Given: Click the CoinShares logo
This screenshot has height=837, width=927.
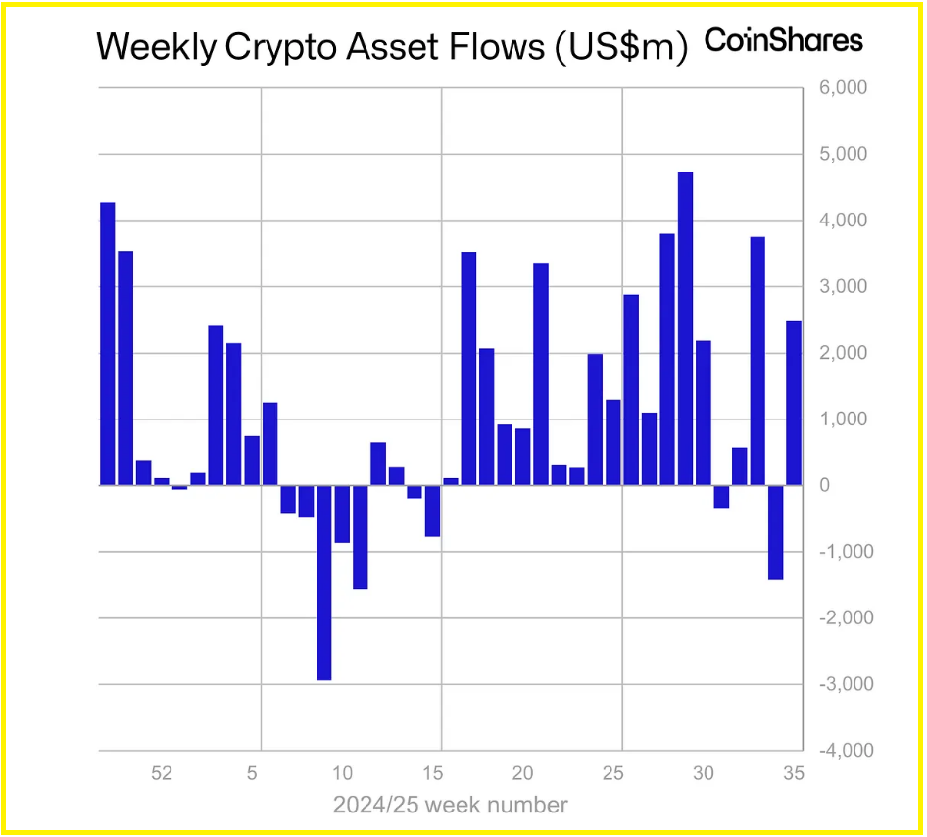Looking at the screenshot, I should [783, 41].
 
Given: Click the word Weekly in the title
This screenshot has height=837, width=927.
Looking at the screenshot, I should [156, 47].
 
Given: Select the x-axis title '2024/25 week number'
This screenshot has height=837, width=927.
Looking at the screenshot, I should [450, 806].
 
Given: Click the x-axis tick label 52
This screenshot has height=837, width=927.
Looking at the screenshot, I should [162, 773].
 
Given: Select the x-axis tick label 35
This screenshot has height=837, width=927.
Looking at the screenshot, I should [794, 773].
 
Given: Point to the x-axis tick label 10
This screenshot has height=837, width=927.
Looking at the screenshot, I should [342, 773].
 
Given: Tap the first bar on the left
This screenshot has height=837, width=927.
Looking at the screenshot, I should [108, 343].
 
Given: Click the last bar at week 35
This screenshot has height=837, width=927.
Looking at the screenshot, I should [794, 403].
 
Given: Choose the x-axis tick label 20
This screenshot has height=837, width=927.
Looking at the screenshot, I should [522, 773].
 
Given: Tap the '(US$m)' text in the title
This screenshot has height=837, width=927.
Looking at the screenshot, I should [622, 47].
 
